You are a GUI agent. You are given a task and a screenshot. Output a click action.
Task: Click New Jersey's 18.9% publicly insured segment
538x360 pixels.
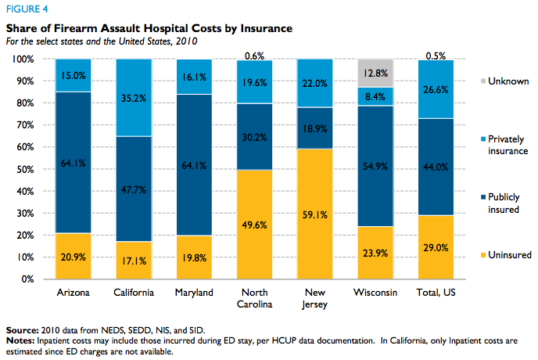coord(316,129)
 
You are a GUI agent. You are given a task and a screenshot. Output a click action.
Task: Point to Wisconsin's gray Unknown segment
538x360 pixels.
coord(375,73)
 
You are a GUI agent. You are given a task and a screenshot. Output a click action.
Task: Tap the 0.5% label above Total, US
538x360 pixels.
coord(435,55)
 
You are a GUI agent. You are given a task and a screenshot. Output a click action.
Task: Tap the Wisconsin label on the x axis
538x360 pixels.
coord(375,292)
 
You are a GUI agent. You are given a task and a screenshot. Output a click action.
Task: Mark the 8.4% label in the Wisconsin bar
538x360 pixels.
coord(375,97)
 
